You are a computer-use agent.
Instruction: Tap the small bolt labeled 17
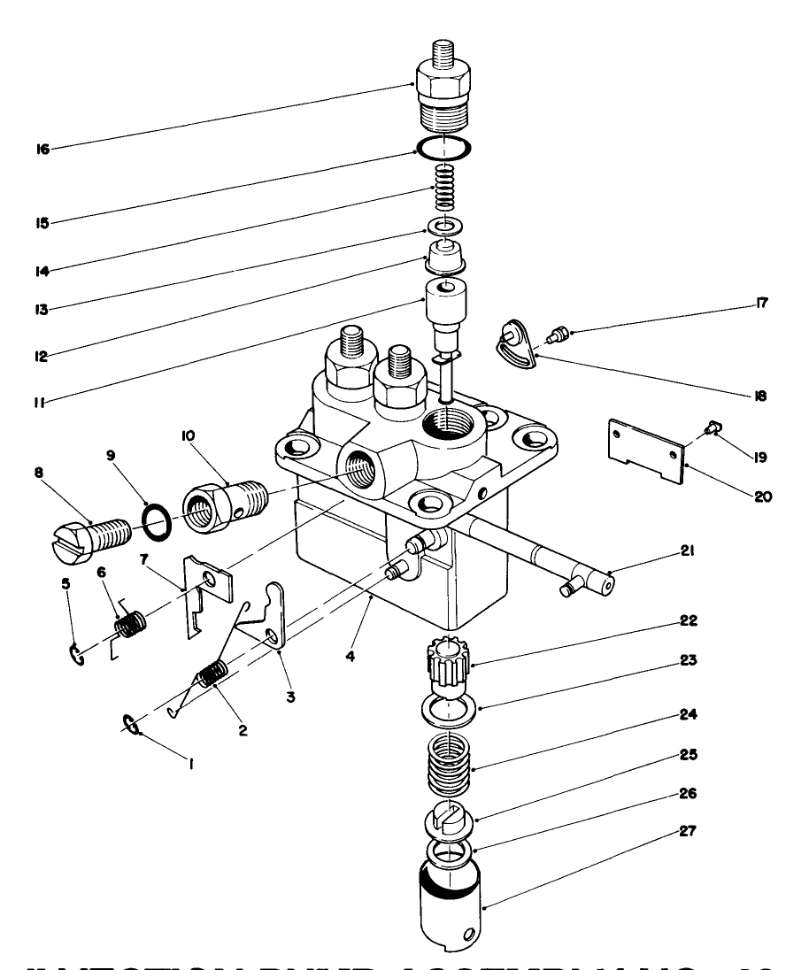tap(559, 335)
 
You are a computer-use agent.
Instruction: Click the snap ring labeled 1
tap(129, 726)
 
